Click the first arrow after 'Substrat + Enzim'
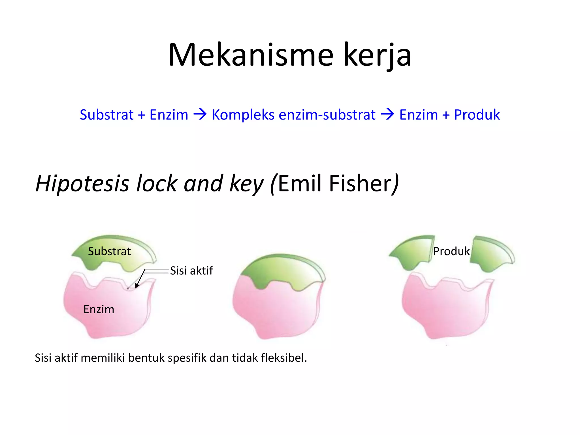click(x=200, y=115)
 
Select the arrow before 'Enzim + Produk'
click(x=387, y=115)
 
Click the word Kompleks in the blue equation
click(x=243, y=115)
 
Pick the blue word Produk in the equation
click(x=477, y=115)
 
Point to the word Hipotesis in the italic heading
click(x=82, y=184)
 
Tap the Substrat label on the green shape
click(x=109, y=251)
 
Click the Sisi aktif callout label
click(x=191, y=271)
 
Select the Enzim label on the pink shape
click(x=99, y=309)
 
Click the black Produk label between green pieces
click(x=451, y=251)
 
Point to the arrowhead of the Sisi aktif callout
click(x=137, y=286)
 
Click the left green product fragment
click(x=413, y=252)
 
